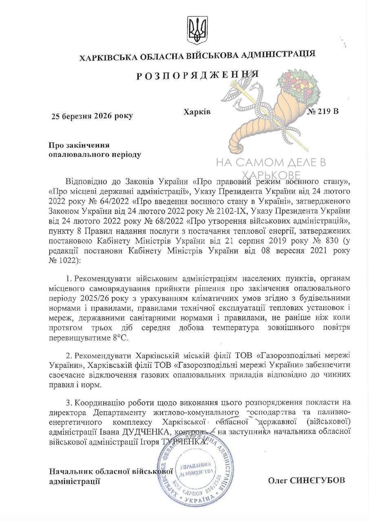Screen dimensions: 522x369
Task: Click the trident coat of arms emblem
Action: point(197,30)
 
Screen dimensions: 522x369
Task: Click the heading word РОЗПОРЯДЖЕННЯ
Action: point(197,75)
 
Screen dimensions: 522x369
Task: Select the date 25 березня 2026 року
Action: point(92,116)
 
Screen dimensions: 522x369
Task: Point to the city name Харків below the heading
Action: point(197,111)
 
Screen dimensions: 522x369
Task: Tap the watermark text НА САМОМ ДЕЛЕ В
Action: point(271,163)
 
